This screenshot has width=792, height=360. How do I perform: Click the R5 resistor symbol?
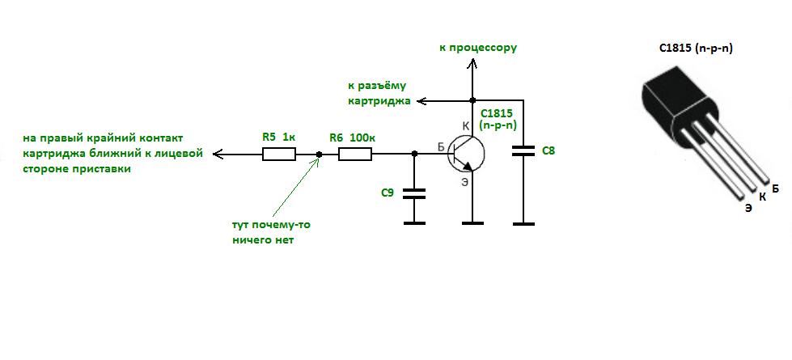click(x=279, y=154)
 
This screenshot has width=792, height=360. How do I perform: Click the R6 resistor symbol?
click(x=354, y=154)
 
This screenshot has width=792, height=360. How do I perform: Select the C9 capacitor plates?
click(x=414, y=194)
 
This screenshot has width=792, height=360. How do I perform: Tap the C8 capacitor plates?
click(x=523, y=150)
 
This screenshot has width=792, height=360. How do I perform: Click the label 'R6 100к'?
click(x=353, y=138)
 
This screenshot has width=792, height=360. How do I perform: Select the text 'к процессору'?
click(x=478, y=48)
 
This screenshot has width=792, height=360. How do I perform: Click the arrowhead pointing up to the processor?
click(x=472, y=63)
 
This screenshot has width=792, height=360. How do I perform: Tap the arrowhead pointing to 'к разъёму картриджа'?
click(x=421, y=101)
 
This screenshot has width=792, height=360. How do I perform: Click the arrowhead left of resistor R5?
click(x=218, y=154)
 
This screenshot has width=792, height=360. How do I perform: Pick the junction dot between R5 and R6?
click(x=319, y=154)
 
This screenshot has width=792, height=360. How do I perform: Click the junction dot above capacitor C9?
click(x=414, y=154)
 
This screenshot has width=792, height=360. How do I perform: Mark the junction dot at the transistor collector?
click(x=472, y=100)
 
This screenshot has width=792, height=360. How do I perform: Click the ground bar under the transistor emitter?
click(x=472, y=222)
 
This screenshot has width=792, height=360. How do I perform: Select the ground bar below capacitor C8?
click(x=523, y=222)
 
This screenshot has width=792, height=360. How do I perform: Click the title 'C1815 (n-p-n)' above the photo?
click(x=696, y=49)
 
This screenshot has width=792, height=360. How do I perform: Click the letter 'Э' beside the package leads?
click(x=748, y=208)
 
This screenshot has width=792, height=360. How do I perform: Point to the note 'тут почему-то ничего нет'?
click(x=271, y=232)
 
